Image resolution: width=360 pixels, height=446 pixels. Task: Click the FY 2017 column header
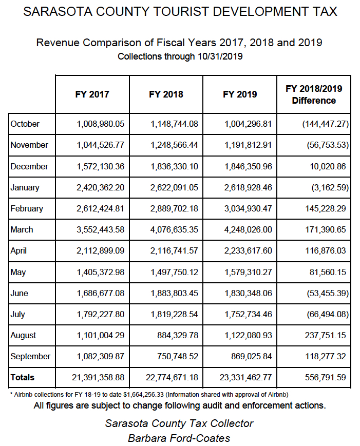[92, 94]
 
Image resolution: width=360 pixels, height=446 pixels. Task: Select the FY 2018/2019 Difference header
[314, 94]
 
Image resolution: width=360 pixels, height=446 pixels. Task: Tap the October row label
[25, 124]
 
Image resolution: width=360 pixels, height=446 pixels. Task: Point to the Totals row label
[23, 377]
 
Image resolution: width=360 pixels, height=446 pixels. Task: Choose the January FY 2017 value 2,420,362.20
[100, 187]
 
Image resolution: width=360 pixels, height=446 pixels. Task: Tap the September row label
[30, 356]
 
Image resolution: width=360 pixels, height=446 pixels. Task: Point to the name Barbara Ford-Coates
[179, 438]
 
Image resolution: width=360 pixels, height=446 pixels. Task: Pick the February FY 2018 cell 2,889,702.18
[174, 208]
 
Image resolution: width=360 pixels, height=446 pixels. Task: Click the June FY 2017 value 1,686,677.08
[100, 293]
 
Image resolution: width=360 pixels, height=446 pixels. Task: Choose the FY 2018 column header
[166, 94]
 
